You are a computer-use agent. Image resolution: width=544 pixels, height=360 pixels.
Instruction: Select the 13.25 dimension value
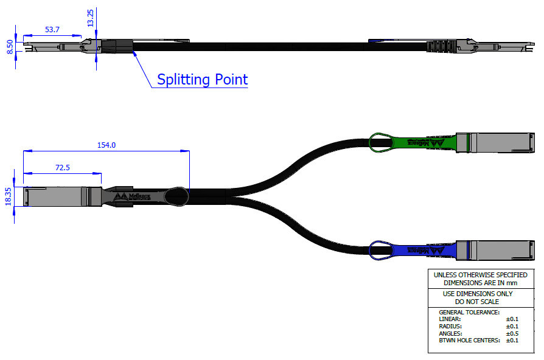pos(91,18)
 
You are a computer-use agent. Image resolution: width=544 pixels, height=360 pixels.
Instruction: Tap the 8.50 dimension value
pos(9,46)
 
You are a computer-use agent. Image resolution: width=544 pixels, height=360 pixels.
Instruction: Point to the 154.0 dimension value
pos(106,145)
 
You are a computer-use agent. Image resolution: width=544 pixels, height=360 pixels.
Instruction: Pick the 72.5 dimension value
pos(61,167)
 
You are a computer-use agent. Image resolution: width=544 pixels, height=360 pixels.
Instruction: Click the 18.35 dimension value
pos(9,197)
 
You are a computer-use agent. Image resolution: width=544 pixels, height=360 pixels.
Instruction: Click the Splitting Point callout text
pos(202,80)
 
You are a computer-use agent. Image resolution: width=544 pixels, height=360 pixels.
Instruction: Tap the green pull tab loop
pos(380,142)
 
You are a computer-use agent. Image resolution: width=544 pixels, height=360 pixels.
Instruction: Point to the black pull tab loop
pos(178,196)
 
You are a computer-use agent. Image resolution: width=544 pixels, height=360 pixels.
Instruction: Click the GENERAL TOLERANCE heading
pos(469,312)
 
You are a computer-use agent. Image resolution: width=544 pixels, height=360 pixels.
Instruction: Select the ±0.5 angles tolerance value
pos(512,333)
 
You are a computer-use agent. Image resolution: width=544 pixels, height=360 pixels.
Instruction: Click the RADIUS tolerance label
pos(451,326)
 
